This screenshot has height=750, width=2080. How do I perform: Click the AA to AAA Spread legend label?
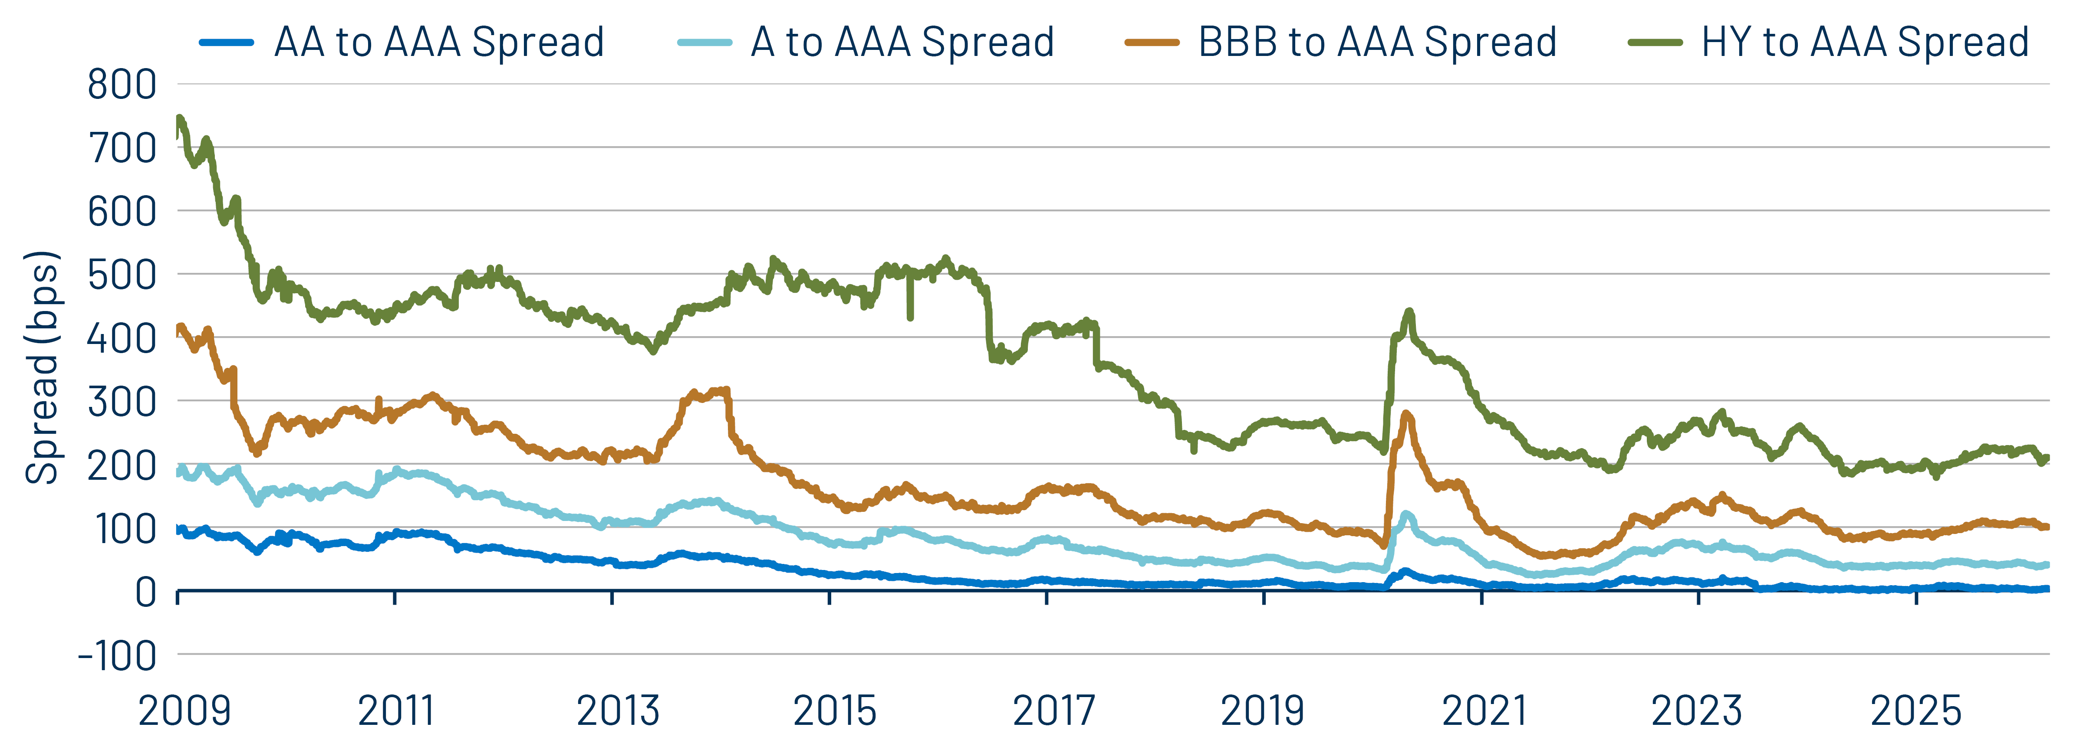pyautogui.click(x=438, y=42)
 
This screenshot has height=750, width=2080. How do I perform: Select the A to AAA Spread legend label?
pyautogui.click(x=902, y=42)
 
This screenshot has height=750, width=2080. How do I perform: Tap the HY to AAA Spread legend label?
pyautogui.click(x=1864, y=42)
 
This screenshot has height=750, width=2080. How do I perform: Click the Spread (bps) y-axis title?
pyautogui.click(x=42, y=367)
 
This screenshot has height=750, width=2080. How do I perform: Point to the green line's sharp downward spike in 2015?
pyautogui.click(x=911, y=317)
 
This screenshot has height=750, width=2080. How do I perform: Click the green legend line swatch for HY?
pyautogui.click(x=1655, y=42)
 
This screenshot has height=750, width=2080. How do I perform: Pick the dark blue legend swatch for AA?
pyautogui.click(x=227, y=42)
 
